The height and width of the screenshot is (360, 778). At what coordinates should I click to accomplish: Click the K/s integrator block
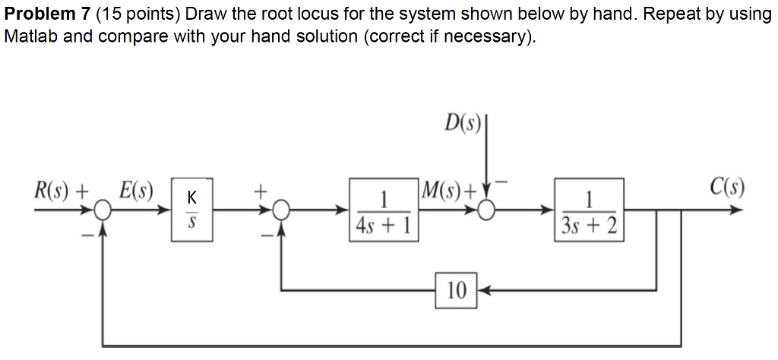coord(192,210)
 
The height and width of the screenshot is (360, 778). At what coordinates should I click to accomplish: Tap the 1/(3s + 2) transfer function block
coord(590,210)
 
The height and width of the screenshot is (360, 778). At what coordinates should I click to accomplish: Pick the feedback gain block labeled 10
coord(457,289)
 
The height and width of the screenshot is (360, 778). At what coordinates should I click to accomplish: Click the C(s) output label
coord(726,187)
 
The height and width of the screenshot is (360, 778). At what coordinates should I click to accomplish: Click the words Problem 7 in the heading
coord(48,14)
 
